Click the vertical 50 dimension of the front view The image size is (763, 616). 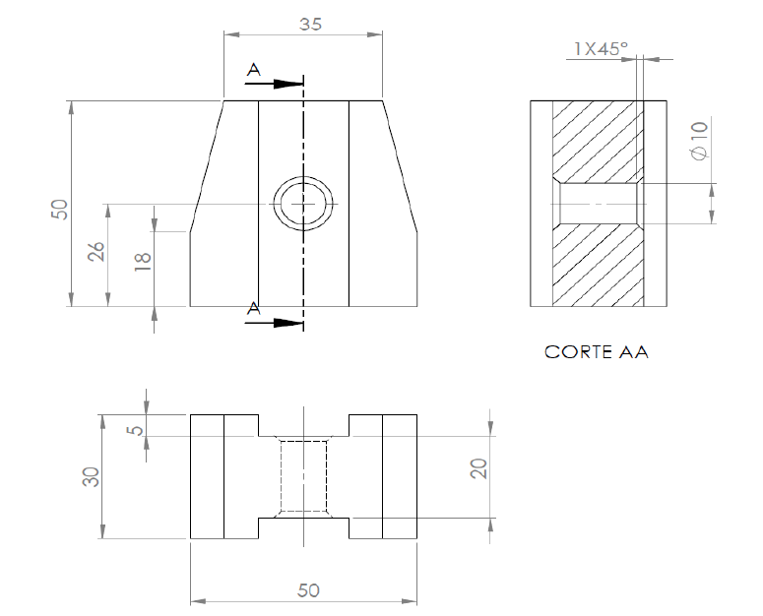[59, 209]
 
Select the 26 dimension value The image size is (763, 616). [96, 251]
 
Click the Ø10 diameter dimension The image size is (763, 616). [700, 141]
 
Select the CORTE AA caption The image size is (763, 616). [596, 351]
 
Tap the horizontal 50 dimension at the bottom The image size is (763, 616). [308, 589]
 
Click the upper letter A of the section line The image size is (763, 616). [254, 70]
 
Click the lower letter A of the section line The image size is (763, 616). [254, 308]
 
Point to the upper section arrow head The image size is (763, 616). [288, 84]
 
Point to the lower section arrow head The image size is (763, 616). [288, 322]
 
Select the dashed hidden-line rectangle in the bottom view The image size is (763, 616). [303, 476]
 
